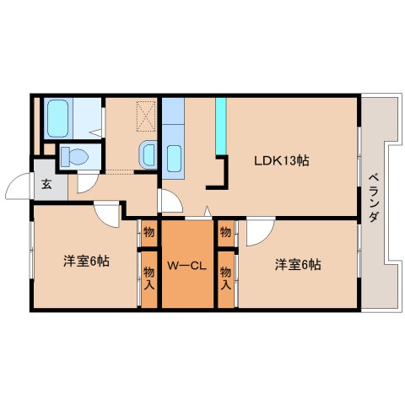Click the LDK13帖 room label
(282, 161)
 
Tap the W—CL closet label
(187, 266)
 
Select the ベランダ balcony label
(374, 198)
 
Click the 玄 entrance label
(46, 184)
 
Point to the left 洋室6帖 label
(86, 262)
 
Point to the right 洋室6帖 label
(298, 265)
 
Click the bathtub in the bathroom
(58, 118)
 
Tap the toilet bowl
(75, 157)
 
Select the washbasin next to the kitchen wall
(148, 154)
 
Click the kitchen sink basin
(174, 159)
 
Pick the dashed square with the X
(146, 116)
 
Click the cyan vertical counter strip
(221, 126)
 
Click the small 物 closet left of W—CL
(148, 233)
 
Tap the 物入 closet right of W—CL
(225, 279)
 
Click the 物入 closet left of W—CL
(148, 279)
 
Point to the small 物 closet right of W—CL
(225, 233)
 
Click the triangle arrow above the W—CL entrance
(208, 211)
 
